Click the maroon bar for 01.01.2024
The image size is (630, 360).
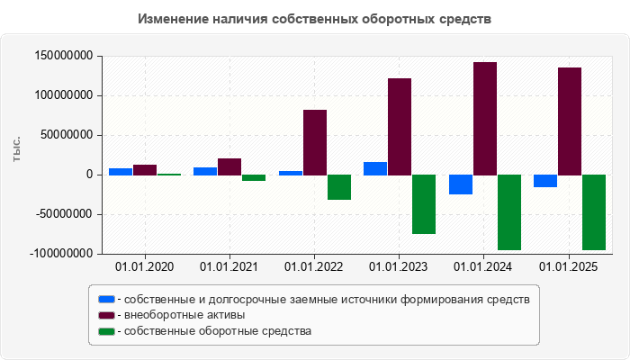click(484, 118)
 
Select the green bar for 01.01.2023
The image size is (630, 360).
click(424, 204)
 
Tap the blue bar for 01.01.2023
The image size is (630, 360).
click(375, 168)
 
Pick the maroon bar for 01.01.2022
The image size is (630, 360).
click(315, 142)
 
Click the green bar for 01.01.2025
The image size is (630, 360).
click(593, 212)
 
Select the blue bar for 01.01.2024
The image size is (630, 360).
click(460, 184)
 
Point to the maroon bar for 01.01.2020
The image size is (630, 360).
click(145, 169)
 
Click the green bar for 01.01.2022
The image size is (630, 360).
click(339, 187)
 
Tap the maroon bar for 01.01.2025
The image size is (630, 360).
click(569, 121)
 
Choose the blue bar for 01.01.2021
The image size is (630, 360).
click(205, 171)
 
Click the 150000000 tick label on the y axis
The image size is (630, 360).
click(64, 56)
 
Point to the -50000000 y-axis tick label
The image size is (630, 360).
click(64, 214)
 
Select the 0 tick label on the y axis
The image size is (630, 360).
click(90, 175)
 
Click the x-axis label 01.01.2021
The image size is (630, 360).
click(229, 266)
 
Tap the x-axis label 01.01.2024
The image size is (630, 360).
click(483, 266)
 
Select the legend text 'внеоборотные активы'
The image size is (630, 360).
click(184, 315)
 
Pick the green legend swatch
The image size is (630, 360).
click(106, 331)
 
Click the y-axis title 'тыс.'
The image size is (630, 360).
click(16, 149)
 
